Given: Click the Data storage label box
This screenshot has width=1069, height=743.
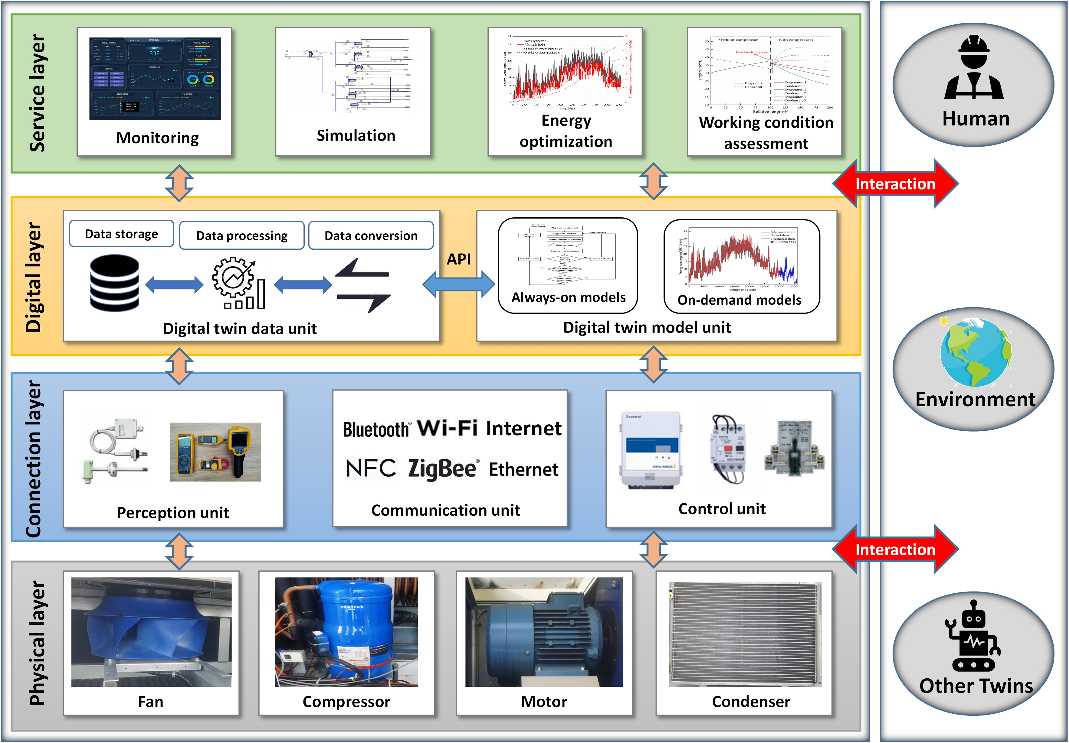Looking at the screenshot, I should pyautogui.click(x=122, y=234).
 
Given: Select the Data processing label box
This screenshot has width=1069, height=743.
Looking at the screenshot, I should pyautogui.click(x=242, y=235).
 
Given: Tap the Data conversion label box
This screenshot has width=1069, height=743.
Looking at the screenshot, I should pyautogui.click(x=371, y=235).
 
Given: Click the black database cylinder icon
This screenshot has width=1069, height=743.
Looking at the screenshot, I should pyautogui.click(x=114, y=283).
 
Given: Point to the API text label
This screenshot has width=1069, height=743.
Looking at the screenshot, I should pyautogui.click(x=459, y=259).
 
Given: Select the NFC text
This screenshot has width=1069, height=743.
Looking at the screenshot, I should pyautogui.click(x=371, y=468).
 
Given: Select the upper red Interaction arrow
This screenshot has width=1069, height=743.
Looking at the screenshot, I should pyautogui.click(x=895, y=184).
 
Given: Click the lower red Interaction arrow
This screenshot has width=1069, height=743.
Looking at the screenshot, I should pyautogui.click(x=895, y=550).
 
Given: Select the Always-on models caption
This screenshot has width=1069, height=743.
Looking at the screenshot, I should pyautogui.click(x=568, y=297).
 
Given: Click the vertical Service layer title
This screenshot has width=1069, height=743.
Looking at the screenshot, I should pyautogui.click(x=37, y=93).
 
